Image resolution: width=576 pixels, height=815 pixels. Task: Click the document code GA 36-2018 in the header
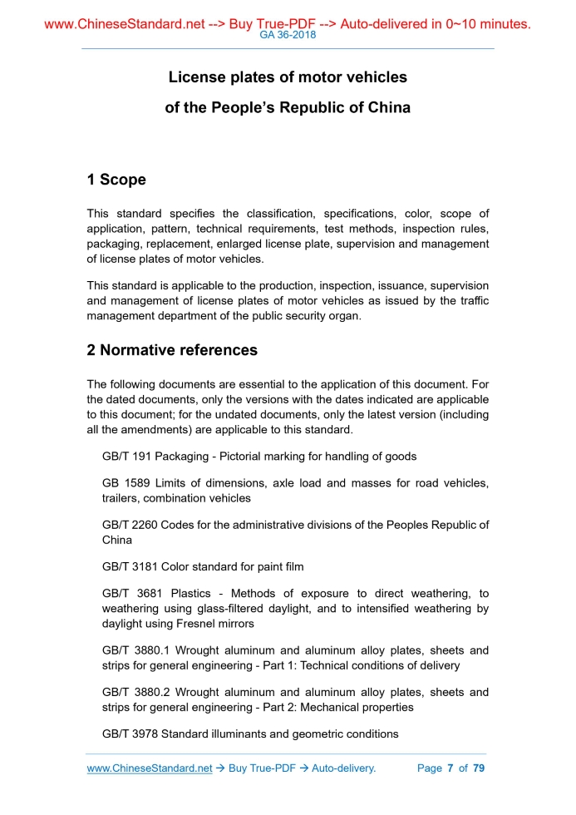click(288, 36)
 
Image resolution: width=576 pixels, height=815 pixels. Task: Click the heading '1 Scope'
click(116, 180)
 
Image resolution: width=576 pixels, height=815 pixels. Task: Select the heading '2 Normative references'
click(172, 350)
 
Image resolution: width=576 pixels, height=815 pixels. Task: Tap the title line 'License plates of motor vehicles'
click(288, 77)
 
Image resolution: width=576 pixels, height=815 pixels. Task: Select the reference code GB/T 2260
click(130, 525)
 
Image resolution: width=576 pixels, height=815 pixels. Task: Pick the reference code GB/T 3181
click(130, 566)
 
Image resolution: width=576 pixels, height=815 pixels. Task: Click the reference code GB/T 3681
click(131, 594)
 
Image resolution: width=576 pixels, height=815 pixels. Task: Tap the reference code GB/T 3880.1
click(136, 650)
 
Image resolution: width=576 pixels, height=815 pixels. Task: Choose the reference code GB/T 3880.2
click(136, 692)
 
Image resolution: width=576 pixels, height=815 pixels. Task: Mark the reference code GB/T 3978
click(130, 733)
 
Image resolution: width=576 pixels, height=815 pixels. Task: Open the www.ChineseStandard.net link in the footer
click(150, 768)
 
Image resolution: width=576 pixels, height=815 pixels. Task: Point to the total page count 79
click(478, 768)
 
